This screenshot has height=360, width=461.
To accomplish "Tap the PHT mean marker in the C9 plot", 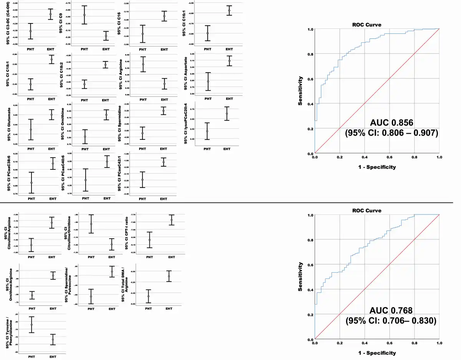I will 85,15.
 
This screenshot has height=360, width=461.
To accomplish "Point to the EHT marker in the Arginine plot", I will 164,84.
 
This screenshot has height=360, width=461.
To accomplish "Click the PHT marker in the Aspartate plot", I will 208,81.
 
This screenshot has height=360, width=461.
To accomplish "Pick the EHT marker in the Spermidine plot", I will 163,111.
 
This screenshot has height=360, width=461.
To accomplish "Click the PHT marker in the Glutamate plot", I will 31,129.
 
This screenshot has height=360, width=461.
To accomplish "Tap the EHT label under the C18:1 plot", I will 51,100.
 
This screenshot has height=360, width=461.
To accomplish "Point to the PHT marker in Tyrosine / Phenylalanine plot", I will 32,325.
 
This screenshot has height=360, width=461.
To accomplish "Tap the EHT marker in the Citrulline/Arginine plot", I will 51,223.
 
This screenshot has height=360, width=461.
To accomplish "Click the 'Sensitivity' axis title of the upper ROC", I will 302,91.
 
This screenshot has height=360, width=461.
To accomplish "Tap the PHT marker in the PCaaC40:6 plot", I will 85,180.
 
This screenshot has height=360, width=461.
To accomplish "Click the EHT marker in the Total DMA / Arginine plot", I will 169,276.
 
